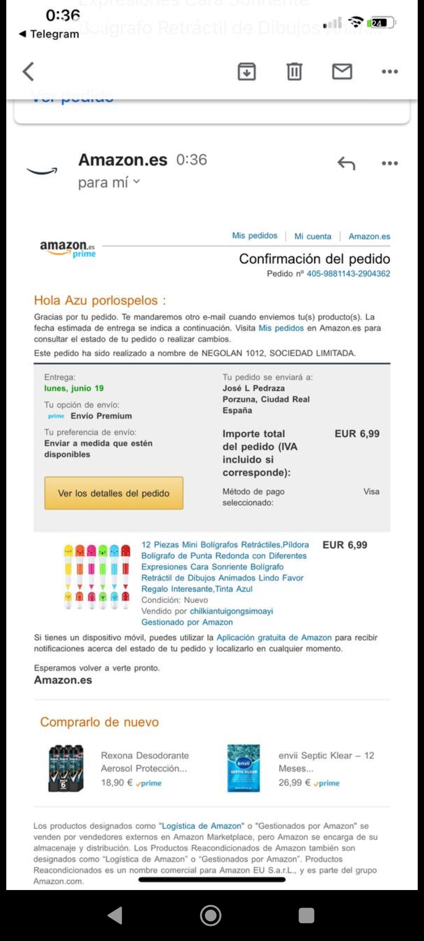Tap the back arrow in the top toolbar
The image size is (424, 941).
[x=28, y=72]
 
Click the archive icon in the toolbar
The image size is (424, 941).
[x=247, y=72]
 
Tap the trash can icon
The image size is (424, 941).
[x=294, y=72]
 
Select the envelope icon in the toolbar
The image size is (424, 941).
[x=342, y=72]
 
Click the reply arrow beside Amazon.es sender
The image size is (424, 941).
[x=346, y=163]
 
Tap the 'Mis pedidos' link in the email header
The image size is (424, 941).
[x=254, y=236]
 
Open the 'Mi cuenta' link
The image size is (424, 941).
[x=313, y=236]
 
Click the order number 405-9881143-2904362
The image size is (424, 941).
[x=348, y=274]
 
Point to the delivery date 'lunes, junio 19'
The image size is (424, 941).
[x=74, y=388]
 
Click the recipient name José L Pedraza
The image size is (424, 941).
[x=254, y=388]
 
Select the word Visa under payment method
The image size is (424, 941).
[x=371, y=492]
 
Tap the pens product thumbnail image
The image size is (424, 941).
[x=97, y=576]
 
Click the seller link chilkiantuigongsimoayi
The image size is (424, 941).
[x=231, y=611]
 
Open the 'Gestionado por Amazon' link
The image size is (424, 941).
[x=187, y=622]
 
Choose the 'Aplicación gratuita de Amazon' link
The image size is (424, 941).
[x=274, y=638]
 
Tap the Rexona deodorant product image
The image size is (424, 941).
[x=66, y=768]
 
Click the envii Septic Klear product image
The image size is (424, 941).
[x=243, y=768]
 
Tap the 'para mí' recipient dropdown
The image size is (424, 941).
[x=109, y=182]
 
